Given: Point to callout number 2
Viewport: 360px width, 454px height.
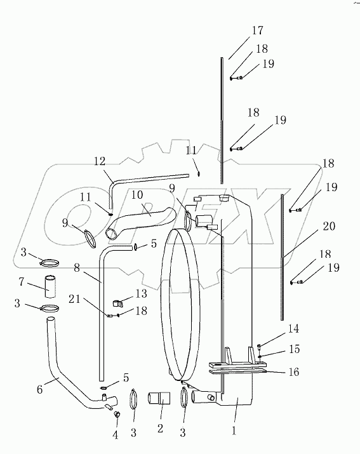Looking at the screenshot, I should pyautogui.click(x=159, y=429).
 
